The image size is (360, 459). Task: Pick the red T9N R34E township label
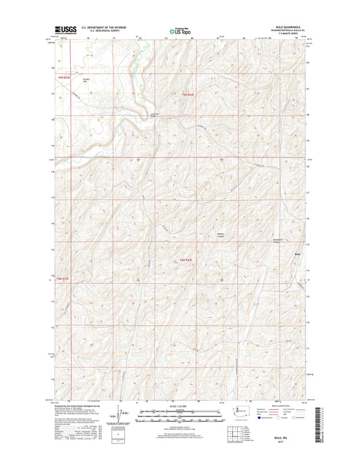tap(188, 95)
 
